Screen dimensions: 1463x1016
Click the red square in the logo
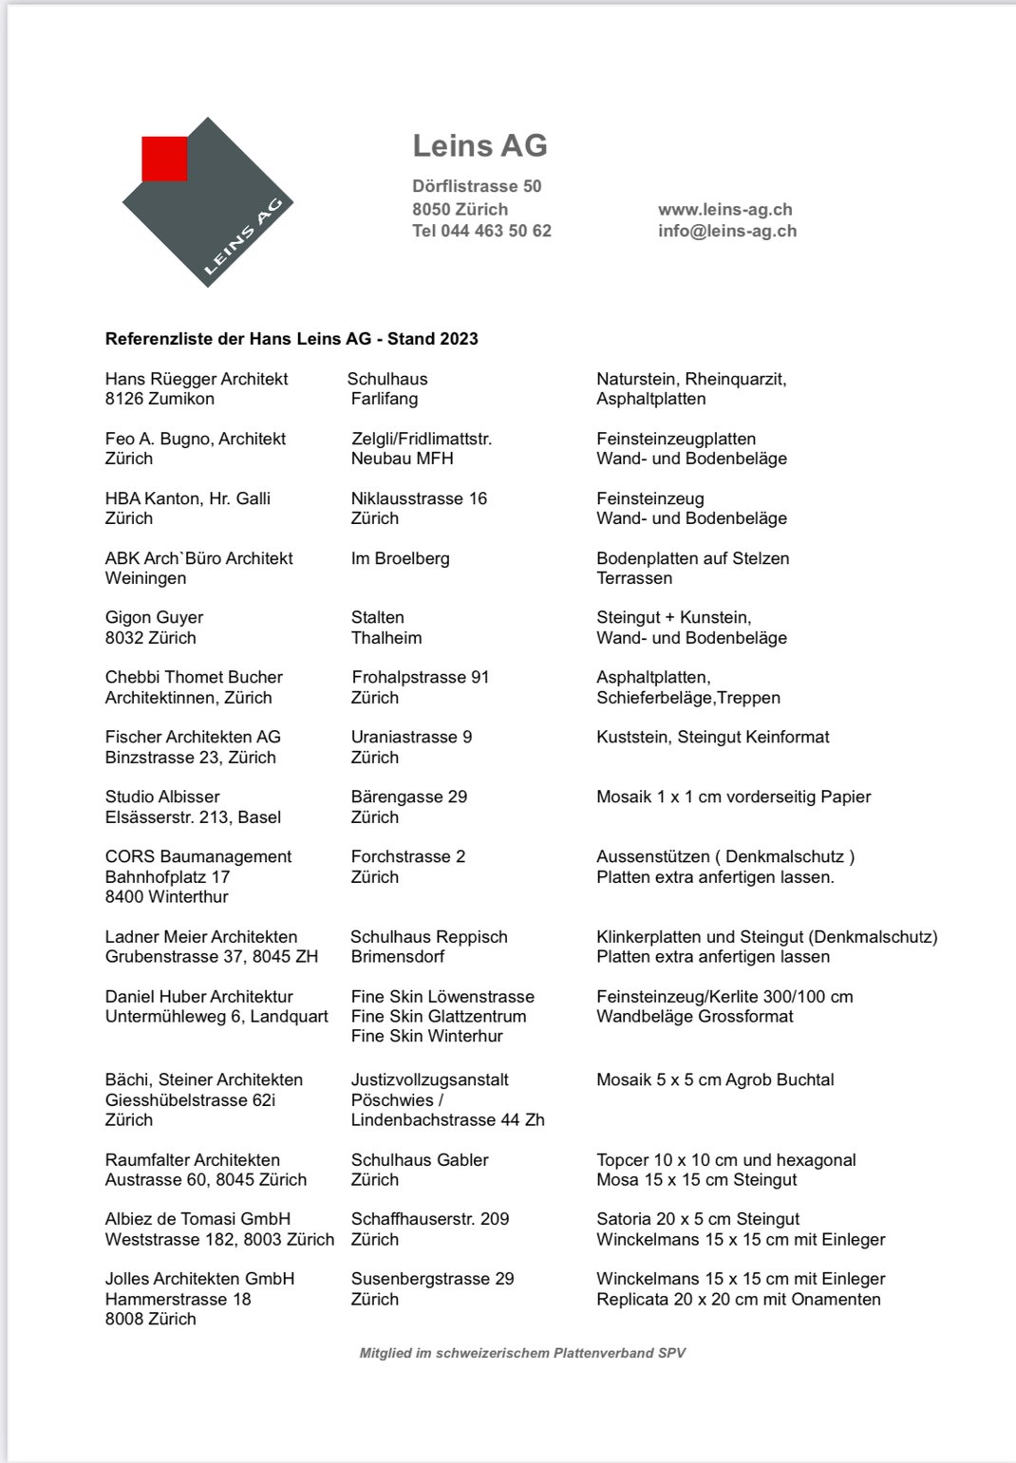(164, 159)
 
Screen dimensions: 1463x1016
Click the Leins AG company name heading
(480, 146)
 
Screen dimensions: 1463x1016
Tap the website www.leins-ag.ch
(724, 209)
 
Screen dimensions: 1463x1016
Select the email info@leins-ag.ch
(726, 231)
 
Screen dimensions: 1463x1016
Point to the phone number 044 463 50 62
(496, 231)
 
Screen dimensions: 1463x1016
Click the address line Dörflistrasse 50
(477, 186)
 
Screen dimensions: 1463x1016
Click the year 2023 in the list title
(459, 339)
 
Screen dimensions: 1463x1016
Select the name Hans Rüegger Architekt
(197, 379)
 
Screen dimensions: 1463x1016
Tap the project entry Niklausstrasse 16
(419, 498)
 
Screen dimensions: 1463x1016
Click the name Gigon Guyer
(154, 617)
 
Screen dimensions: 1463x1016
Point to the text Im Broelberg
(400, 558)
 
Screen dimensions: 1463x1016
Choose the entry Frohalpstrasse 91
(420, 677)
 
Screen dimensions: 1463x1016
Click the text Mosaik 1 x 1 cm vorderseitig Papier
(733, 797)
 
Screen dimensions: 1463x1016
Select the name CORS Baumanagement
(198, 856)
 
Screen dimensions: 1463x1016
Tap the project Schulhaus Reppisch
(428, 937)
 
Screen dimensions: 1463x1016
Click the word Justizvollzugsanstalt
(429, 1079)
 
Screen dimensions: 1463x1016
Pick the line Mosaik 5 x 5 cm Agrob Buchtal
(715, 1079)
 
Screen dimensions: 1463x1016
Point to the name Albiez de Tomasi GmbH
(198, 1219)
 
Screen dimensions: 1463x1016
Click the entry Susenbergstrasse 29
(432, 1279)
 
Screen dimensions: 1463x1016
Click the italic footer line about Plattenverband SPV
(522, 1353)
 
